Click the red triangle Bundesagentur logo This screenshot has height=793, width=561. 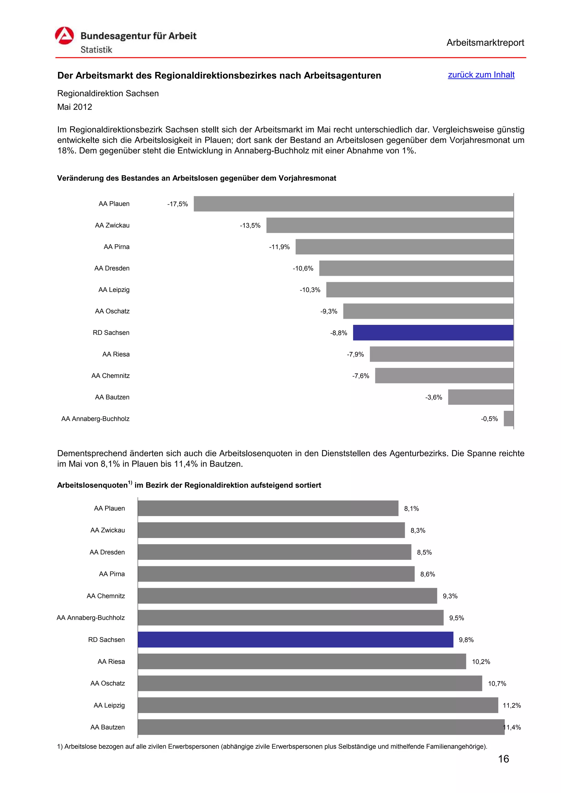(x=64, y=36)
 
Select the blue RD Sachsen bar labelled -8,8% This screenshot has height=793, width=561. (x=433, y=332)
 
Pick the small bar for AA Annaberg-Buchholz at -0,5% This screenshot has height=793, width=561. (x=508, y=419)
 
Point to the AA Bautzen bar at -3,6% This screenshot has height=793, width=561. (x=480, y=397)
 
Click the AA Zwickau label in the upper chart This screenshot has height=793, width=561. (x=112, y=225)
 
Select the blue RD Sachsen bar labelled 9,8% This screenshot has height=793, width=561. (x=295, y=640)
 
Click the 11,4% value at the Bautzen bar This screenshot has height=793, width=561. (x=512, y=727)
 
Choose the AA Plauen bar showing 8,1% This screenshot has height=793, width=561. (x=268, y=508)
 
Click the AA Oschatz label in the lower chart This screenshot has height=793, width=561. (x=107, y=684)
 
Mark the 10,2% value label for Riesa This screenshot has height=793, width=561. (x=481, y=662)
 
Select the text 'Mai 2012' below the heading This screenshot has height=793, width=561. (x=75, y=107)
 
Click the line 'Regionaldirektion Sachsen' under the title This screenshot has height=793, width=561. (x=108, y=94)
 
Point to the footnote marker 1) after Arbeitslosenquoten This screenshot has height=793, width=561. (x=130, y=482)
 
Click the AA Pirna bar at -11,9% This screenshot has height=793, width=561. (x=404, y=247)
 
